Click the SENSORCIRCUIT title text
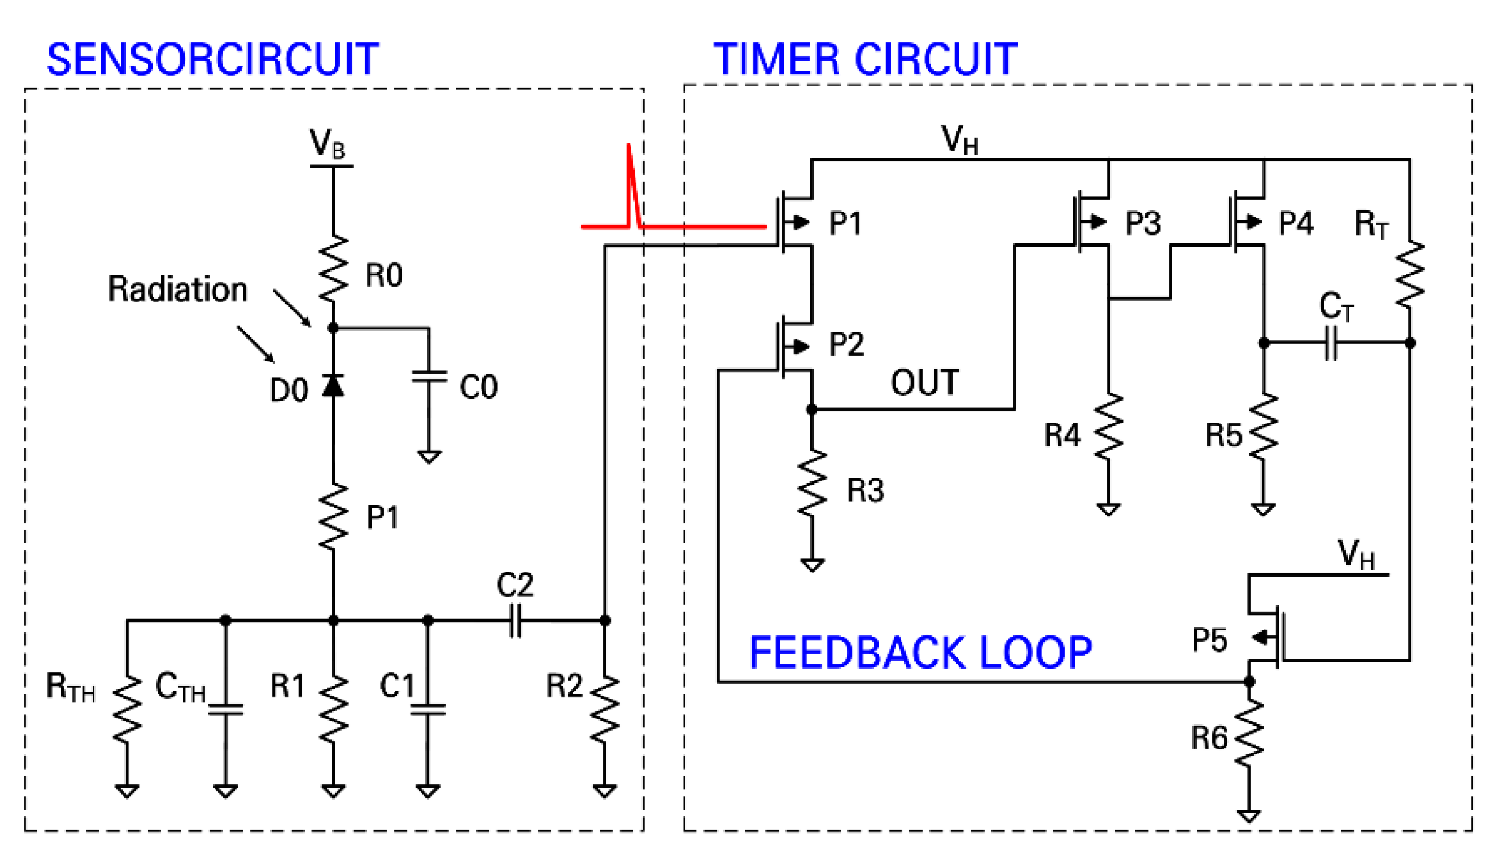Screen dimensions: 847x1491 tap(212, 59)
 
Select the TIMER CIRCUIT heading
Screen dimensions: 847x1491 tap(865, 59)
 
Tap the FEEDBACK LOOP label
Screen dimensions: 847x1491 tap(920, 653)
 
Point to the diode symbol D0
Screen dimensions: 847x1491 tap(334, 386)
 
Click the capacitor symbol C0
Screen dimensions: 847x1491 tap(429, 377)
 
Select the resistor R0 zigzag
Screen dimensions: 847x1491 tap(334, 269)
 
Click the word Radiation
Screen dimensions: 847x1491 tap(178, 289)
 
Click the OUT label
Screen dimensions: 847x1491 tap(925, 383)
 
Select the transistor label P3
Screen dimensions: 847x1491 tap(1142, 223)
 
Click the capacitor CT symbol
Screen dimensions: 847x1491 tap(1331, 343)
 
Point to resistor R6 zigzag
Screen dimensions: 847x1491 tap(1249, 734)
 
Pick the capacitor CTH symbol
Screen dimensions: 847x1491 tap(226, 709)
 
